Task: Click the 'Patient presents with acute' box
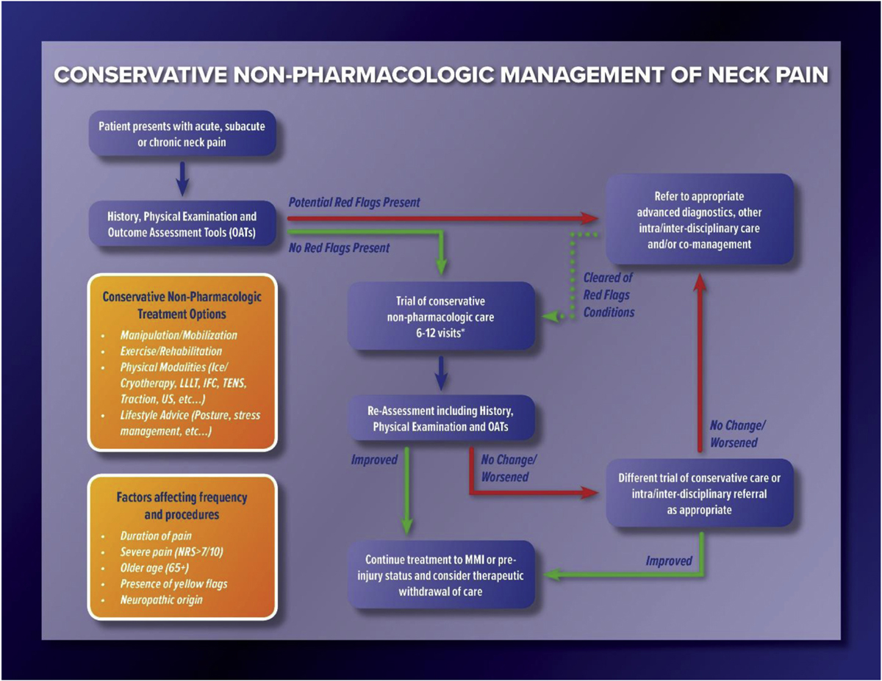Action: point(182,134)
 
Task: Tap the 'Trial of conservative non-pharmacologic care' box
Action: point(441,315)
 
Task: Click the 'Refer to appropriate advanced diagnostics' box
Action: point(699,220)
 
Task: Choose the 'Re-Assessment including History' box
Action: point(441,417)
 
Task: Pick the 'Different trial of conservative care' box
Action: point(699,493)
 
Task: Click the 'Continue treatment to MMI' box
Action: point(441,576)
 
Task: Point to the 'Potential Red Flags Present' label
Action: point(354,202)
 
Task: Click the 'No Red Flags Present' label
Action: point(339,248)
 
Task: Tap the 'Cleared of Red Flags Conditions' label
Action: point(608,295)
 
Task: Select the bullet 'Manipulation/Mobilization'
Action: point(179,335)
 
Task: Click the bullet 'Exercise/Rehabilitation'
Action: point(171,351)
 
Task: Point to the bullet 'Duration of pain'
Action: point(157,536)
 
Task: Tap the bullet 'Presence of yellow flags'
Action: point(174,584)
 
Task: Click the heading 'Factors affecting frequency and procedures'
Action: point(182,505)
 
